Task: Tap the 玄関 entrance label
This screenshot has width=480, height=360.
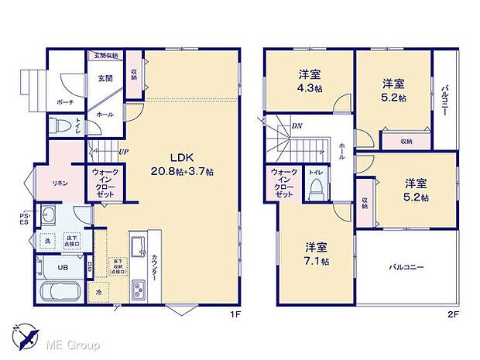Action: (x=105, y=78)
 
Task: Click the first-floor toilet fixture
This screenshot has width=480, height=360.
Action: (x=62, y=126)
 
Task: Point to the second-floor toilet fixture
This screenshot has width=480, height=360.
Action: (x=316, y=188)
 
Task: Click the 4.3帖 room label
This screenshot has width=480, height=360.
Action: (x=310, y=81)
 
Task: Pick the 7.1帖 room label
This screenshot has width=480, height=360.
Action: (x=315, y=254)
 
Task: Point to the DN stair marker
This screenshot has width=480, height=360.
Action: (x=297, y=126)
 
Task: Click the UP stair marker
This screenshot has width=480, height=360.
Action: (x=122, y=152)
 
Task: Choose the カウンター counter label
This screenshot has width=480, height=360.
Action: (x=155, y=267)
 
